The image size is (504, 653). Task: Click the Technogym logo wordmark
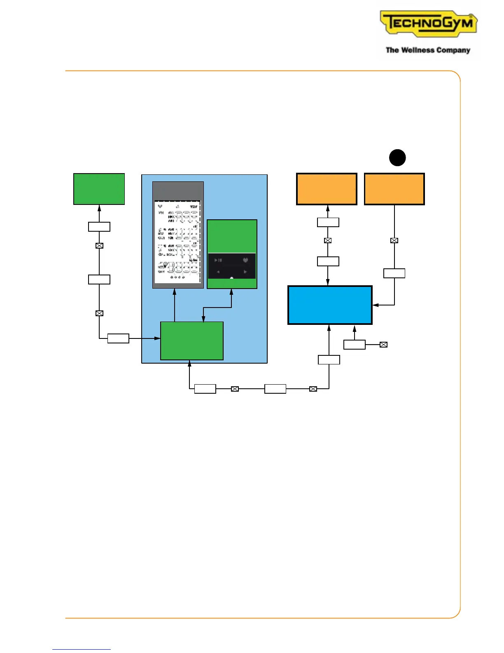[428, 23]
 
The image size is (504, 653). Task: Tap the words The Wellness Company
[428, 50]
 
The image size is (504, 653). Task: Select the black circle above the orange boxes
[397, 157]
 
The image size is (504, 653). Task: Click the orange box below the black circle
[394, 189]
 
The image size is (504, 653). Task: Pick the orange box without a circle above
[327, 189]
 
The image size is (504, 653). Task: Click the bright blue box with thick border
[330, 305]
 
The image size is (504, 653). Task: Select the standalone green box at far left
[99, 189]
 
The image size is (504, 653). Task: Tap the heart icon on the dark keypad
[245, 260]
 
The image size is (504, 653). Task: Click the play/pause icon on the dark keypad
[218, 260]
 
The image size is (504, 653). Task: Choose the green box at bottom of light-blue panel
[191, 341]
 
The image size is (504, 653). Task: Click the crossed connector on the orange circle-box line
[394, 240]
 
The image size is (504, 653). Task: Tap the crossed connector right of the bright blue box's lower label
[383, 345]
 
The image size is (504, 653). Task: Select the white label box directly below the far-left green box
[99, 227]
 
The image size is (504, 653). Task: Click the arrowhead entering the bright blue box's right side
[375, 305]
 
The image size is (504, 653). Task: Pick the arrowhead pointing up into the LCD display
[175, 291]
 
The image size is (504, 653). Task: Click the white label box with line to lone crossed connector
[354, 345]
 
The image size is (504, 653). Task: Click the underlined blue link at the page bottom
[82, 649]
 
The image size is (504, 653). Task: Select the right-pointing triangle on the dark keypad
[245, 272]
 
